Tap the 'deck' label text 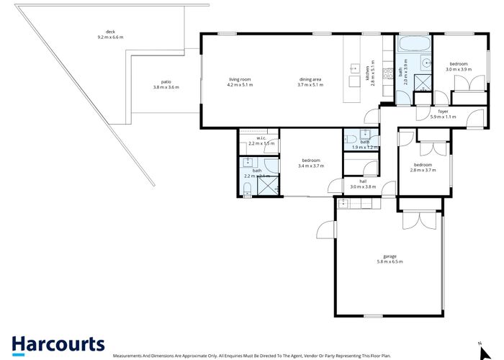click(x=110, y=32)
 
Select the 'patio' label click(x=166, y=81)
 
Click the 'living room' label click(x=240, y=79)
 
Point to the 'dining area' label click(x=310, y=79)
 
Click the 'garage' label click(x=390, y=256)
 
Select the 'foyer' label click(x=438, y=112)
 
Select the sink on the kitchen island click(x=354, y=69)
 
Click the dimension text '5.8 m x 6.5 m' click(x=390, y=262)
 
